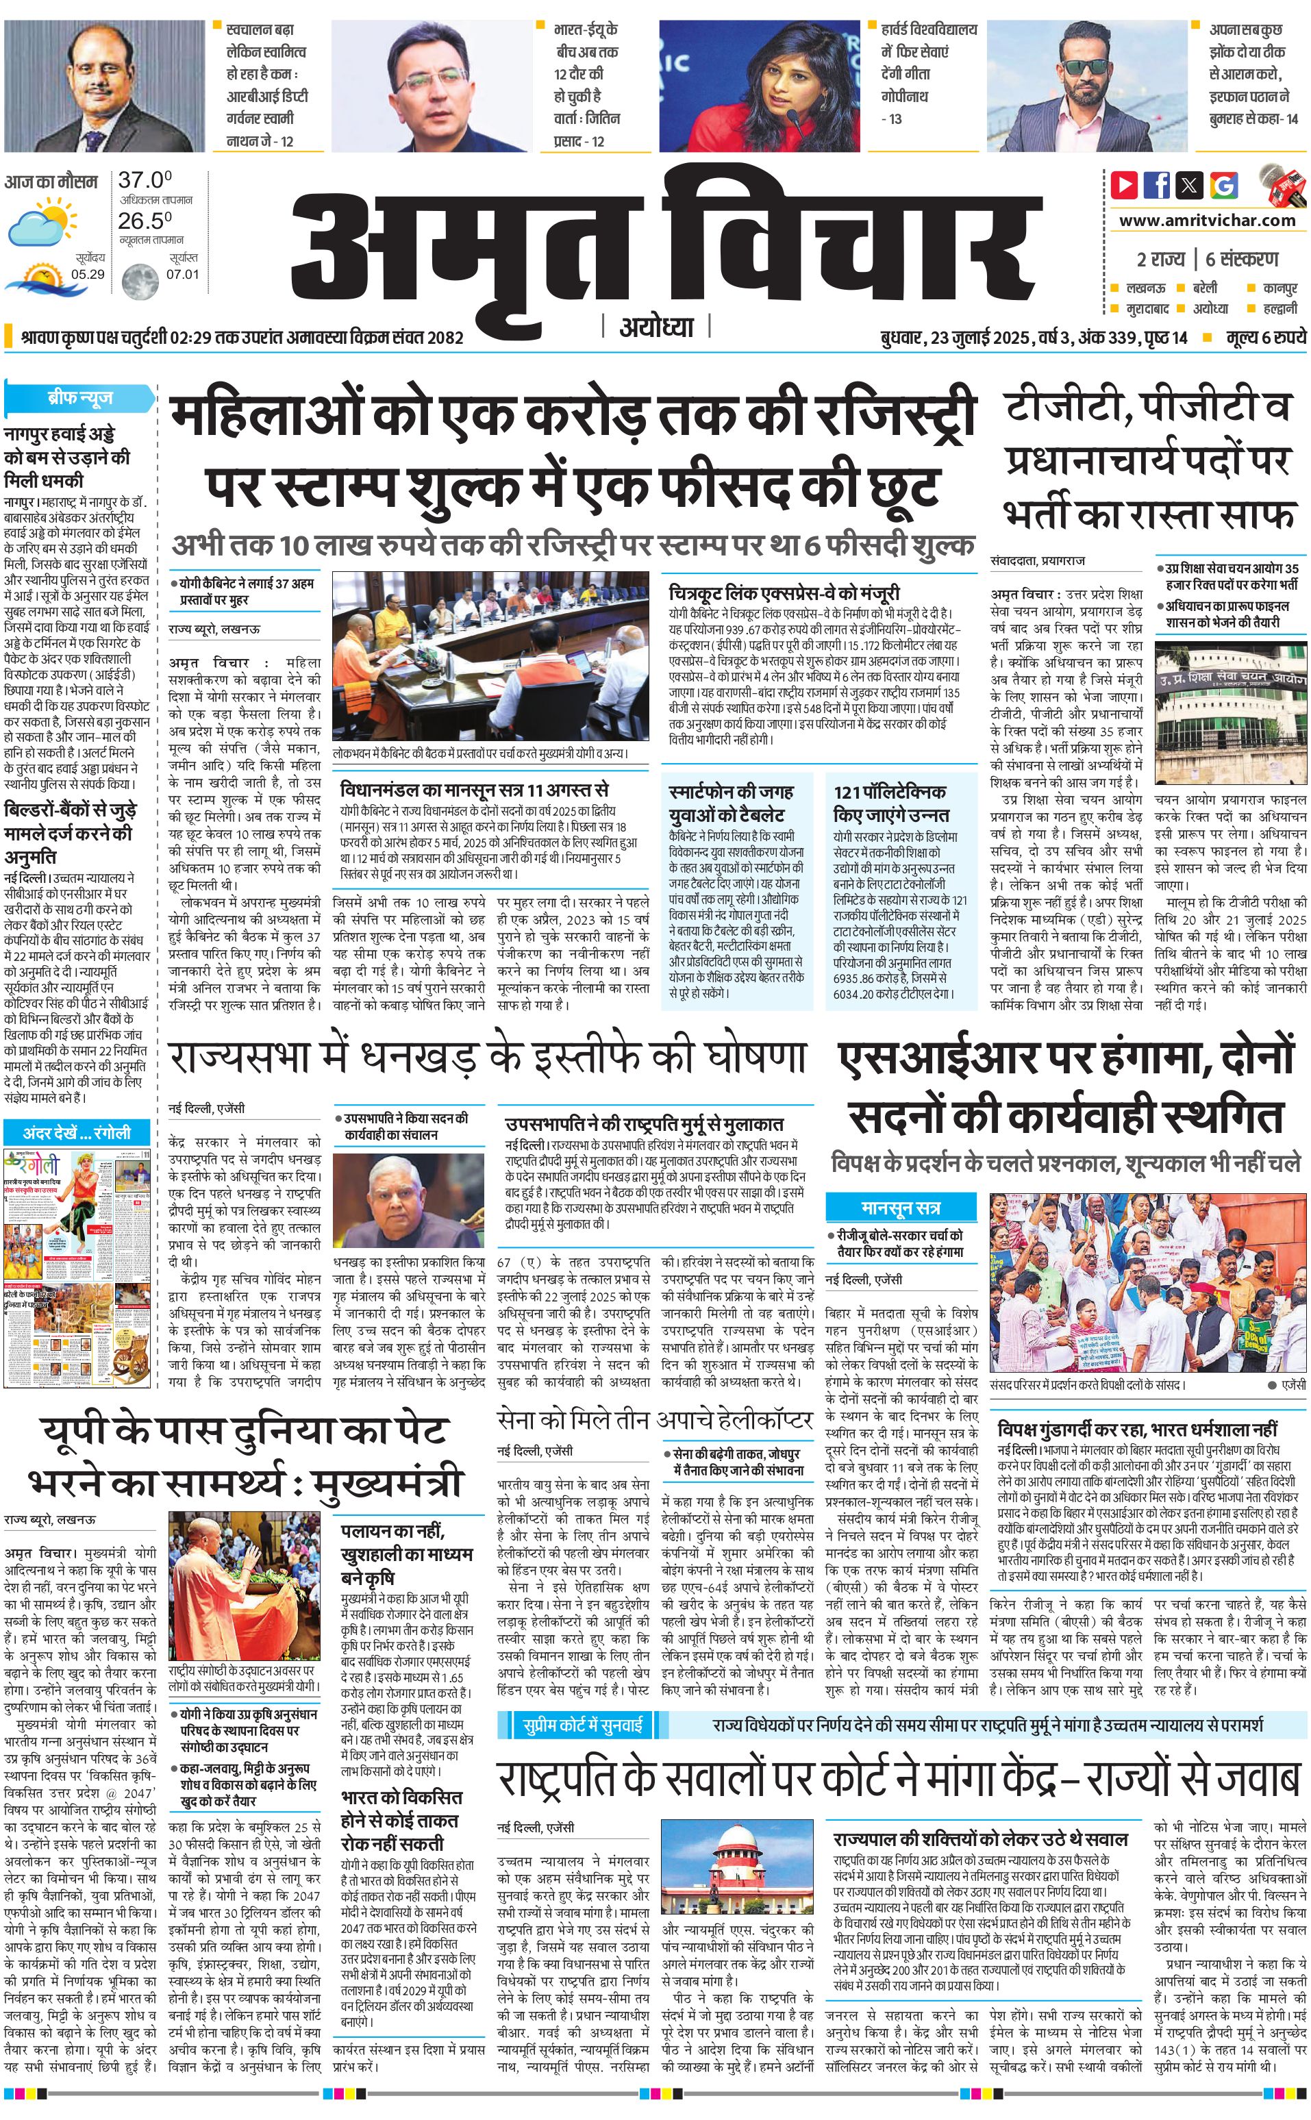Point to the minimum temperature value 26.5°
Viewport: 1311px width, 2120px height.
coord(145,221)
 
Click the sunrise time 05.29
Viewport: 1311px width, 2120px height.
coord(88,274)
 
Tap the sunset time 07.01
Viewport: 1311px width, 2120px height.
coord(183,274)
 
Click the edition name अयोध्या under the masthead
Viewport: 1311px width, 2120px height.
coord(656,327)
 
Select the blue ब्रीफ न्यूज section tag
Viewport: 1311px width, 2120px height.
coord(79,398)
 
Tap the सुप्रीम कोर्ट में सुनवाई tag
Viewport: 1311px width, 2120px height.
coord(583,1725)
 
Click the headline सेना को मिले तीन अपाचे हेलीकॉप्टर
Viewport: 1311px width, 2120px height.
coord(655,1420)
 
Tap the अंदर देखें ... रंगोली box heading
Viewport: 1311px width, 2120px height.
coord(76,1132)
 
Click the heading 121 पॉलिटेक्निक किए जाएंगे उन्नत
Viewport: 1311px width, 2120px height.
coord(890,803)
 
